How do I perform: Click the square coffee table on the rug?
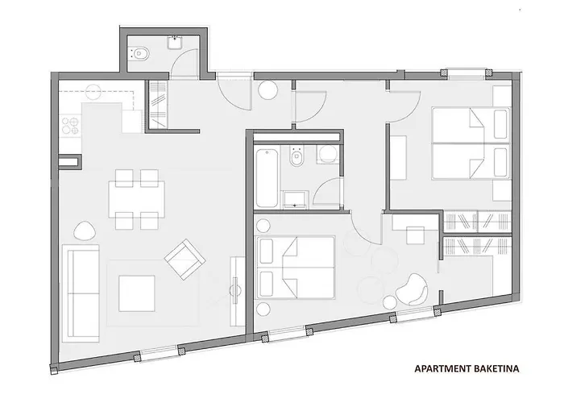click(x=137, y=293)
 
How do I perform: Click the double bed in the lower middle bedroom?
click(x=297, y=265)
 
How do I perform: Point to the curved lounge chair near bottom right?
click(x=412, y=289)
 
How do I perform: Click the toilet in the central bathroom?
click(x=296, y=161)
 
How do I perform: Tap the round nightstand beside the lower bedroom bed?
click(x=263, y=310)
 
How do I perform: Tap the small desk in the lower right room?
click(x=417, y=236)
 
